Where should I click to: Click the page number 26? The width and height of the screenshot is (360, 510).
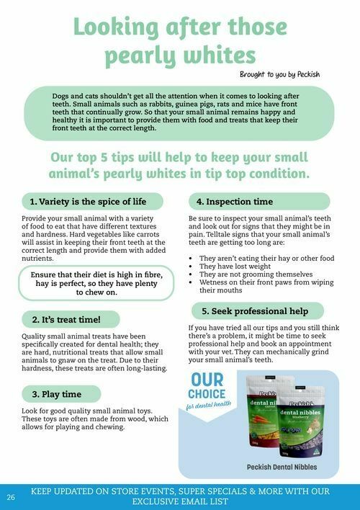tap(11, 497)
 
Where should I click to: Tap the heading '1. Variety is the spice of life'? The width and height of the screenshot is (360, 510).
tap(88, 202)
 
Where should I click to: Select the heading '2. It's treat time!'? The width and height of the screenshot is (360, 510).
tap(66, 320)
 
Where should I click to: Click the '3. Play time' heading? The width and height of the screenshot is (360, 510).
tap(57, 395)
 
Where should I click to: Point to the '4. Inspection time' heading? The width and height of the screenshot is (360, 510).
tap(235, 202)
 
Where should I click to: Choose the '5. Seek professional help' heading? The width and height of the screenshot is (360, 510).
tap(255, 311)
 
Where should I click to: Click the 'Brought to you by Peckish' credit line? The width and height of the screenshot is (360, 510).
tap(279, 74)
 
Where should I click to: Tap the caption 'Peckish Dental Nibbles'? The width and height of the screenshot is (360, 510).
tap(282, 467)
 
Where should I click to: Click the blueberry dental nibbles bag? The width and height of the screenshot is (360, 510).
tap(301, 421)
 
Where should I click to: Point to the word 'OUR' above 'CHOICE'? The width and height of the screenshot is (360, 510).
tap(207, 380)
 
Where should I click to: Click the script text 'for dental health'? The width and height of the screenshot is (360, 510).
tap(209, 406)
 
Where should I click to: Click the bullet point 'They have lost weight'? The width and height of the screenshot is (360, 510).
tap(235, 267)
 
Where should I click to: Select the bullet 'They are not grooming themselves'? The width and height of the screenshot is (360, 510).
tap(256, 274)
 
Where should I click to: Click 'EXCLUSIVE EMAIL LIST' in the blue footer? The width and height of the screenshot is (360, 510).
tap(180, 501)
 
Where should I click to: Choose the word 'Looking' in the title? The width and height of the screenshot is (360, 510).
tap(117, 27)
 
